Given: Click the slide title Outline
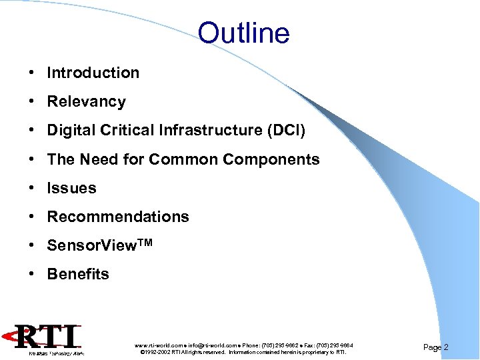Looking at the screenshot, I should pos(243,33).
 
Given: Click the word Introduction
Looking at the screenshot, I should pos(93,73).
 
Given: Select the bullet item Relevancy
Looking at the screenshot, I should pos(86,102).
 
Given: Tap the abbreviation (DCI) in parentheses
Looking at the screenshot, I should pos(285,131).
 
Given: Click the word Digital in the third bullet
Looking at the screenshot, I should pos(69,131).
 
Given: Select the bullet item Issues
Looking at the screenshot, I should pos(71,188).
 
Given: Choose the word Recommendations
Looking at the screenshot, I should pos(118,217).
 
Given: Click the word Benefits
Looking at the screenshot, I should pos(78,274).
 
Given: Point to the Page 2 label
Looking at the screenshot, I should pos(436,347).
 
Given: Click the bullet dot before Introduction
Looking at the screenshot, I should pos(32,73).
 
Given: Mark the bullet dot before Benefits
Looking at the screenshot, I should pos(32,274).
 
